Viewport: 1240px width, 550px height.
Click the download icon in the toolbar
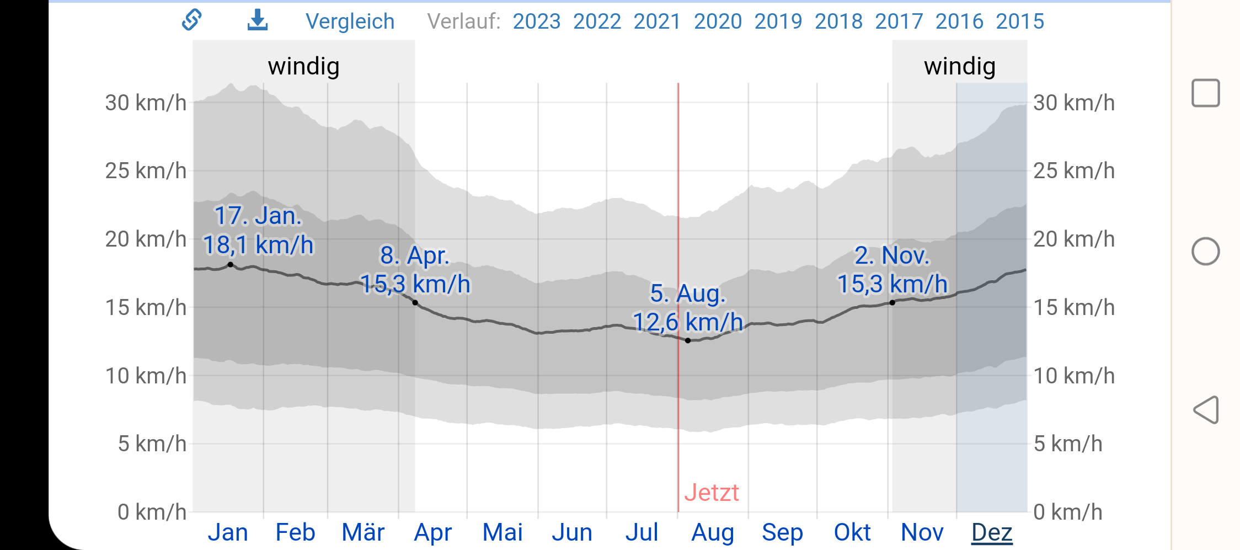click(x=257, y=20)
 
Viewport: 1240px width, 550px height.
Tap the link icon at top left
click(x=191, y=20)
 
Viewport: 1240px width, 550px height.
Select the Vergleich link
click(x=350, y=22)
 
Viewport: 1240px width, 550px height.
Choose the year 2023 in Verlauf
click(x=536, y=22)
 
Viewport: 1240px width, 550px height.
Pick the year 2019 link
click(x=778, y=22)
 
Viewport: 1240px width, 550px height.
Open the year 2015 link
click(x=1019, y=22)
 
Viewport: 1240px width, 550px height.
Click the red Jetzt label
click(x=711, y=493)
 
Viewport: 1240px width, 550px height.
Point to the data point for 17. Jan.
click(x=231, y=265)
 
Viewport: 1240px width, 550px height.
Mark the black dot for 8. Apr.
click(x=415, y=303)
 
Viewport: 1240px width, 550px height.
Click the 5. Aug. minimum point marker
click(x=688, y=340)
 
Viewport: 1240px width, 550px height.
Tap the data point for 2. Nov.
click(x=892, y=303)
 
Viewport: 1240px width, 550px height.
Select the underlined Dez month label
click(x=991, y=532)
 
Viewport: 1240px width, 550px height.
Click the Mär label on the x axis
click(x=363, y=532)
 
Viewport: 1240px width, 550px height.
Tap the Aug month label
click(x=713, y=532)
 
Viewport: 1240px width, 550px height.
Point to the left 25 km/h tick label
click(x=146, y=171)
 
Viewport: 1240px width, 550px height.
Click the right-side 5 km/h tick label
click(x=1067, y=444)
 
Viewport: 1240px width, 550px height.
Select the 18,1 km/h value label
click(x=258, y=245)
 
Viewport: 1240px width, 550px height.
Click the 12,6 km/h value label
click(x=687, y=322)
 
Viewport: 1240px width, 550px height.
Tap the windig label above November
click(x=959, y=66)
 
